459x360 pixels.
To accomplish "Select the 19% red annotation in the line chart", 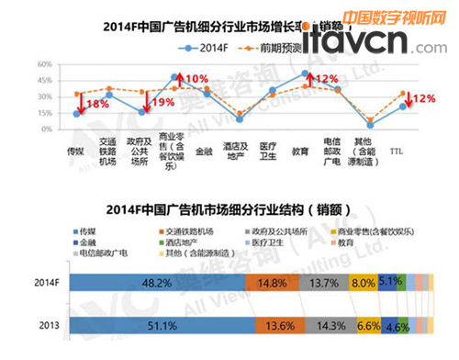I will [x=162, y=102].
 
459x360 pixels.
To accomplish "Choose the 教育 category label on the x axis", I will [x=299, y=147].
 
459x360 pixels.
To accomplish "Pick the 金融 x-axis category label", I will [x=204, y=147].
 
